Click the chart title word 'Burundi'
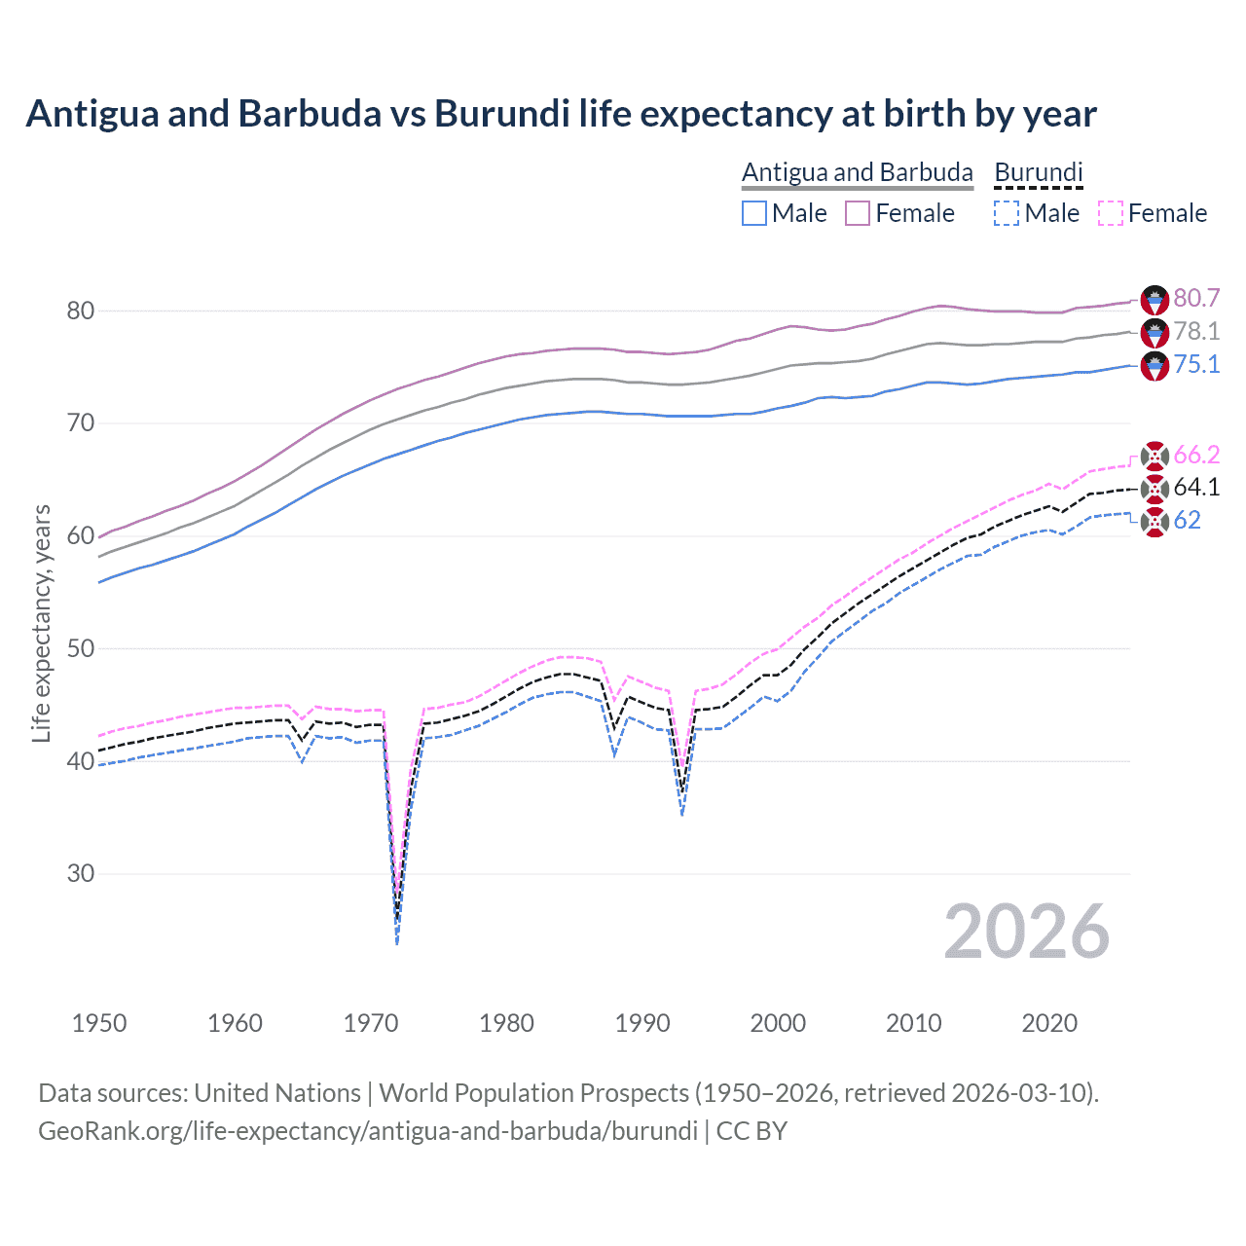(501, 114)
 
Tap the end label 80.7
(1196, 298)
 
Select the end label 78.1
(1196, 331)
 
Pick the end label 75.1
(1196, 364)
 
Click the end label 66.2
(1196, 455)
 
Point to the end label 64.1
(1196, 487)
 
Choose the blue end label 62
(1187, 520)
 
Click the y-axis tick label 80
(81, 311)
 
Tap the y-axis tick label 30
(81, 873)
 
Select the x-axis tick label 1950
(99, 1023)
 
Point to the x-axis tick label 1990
(642, 1023)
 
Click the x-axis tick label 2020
(1049, 1023)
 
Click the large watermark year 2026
(1026, 932)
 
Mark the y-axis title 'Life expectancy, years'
(41, 623)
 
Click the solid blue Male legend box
(754, 213)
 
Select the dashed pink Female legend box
(1111, 213)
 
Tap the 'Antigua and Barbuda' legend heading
(857, 172)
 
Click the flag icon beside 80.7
(1154, 299)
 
